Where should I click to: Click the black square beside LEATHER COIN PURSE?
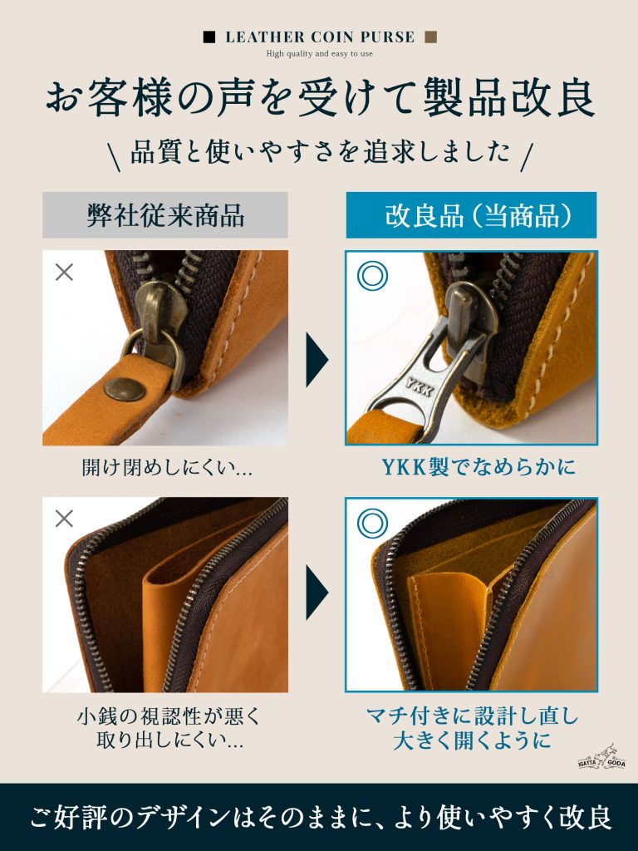pyautogui.click(x=209, y=37)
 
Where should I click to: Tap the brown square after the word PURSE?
pyautogui.click(x=431, y=37)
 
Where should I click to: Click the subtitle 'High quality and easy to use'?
pyautogui.click(x=320, y=54)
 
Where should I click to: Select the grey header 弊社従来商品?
pyautogui.click(x=165, y=215)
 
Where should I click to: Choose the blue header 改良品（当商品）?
pyautogui.click(x=472, y=215)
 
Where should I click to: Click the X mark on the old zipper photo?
pyautogui.click(x=64, y=272)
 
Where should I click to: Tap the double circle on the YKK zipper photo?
pyautogui.click(x=372, y=275)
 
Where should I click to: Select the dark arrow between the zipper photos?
pyautogui.click(x=317, y=359)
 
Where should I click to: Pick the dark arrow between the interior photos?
pyautogui.click(x=317, y=592)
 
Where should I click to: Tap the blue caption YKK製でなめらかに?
pyautogui.click(x=478, y=467)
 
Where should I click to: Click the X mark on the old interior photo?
pyautogui.click(x=64, y=519)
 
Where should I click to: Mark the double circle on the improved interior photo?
pyautogui.click(x=372, y=524)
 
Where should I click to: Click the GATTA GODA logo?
pyautogui.click(x=601, y=757)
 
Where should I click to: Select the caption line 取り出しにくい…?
pyautogui.click(x=169, y=740)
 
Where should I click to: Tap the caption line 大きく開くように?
pyautogui.click(x=472, y=740)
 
